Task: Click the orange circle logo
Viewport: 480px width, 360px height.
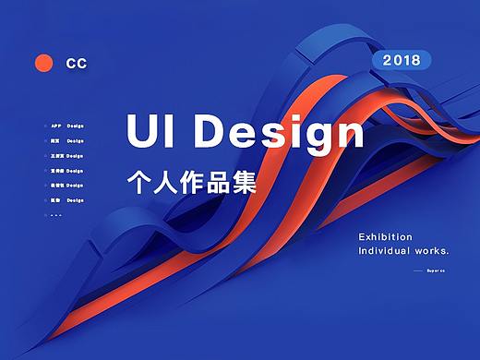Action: click(42, 63)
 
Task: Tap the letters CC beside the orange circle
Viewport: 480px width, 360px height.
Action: click(77, 64)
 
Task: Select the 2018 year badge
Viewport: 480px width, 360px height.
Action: click(401, 61)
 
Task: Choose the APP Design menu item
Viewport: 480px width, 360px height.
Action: click(66, 126)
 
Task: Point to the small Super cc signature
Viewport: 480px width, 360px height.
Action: click(437, 270)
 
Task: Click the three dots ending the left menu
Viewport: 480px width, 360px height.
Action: click(55, 215)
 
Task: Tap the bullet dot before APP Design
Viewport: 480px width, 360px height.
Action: click(44, 126)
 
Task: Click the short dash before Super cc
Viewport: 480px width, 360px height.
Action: click(418, 270)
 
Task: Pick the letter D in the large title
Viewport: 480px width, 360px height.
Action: click(213, 132)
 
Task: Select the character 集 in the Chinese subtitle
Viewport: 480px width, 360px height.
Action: click(243, 179)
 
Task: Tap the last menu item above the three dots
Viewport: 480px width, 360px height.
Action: click(66, 200)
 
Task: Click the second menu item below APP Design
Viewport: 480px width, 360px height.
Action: click(66, 156)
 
